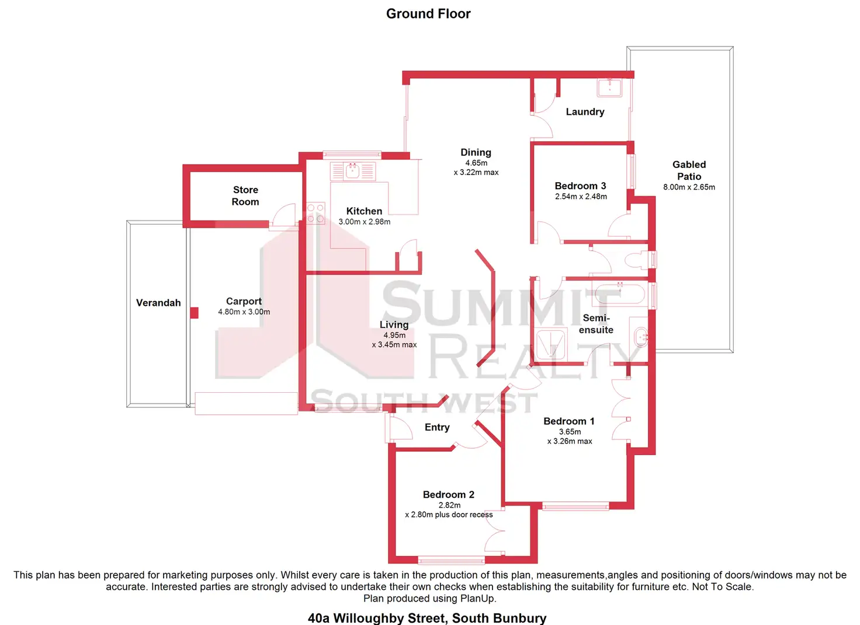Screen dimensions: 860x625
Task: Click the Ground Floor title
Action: pyautogui.click(x=428, y=14)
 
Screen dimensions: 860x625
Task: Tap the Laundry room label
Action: pyautogui.click(x=585, y=112)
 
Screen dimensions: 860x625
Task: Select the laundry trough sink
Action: pyautogui.click(x=609, y=88)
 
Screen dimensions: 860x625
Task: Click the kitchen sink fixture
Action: pyautogui.click(x=352, y=172)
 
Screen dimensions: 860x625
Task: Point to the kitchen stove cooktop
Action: pyautogui.click(x=315, y=213)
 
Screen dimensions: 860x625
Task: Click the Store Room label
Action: pyautogui.click(x=245, y=196)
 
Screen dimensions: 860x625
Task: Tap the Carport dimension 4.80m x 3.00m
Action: pyautogui.click(x=244, y=312)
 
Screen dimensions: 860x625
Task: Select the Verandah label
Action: pyautogui.click(x=158, y=303)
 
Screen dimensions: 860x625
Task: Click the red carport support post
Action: pyautogui.click(x=195, y=313)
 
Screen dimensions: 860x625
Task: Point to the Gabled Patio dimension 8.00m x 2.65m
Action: pyautogui.click(x=689, y=187)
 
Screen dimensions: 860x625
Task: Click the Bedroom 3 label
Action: pyautogui.click(x=580, y=186)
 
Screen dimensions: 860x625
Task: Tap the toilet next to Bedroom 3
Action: pyautogui.click(x=637, y=260)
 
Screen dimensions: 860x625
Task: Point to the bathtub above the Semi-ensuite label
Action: pyautogui.click(x=619, y=294)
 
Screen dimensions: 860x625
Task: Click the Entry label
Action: pyautogui.click(x=437, y=428)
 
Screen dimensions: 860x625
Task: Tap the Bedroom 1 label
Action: pyautogui.click(x=568, y=421)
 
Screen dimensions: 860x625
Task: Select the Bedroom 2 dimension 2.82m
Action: pyautogui.click(x=449, y=505)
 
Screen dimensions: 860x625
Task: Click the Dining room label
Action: pyautogui.click(x=476, y=152)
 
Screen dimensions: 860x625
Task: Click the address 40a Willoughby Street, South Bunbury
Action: pyautogui.click(x=427, y=618)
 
